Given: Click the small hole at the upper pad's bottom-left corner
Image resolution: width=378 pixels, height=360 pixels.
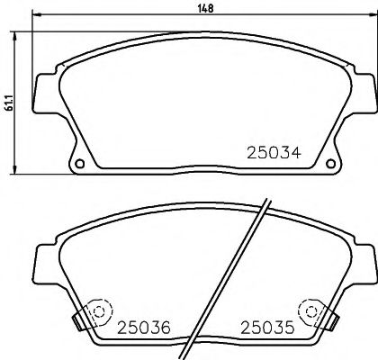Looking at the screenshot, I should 80,164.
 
